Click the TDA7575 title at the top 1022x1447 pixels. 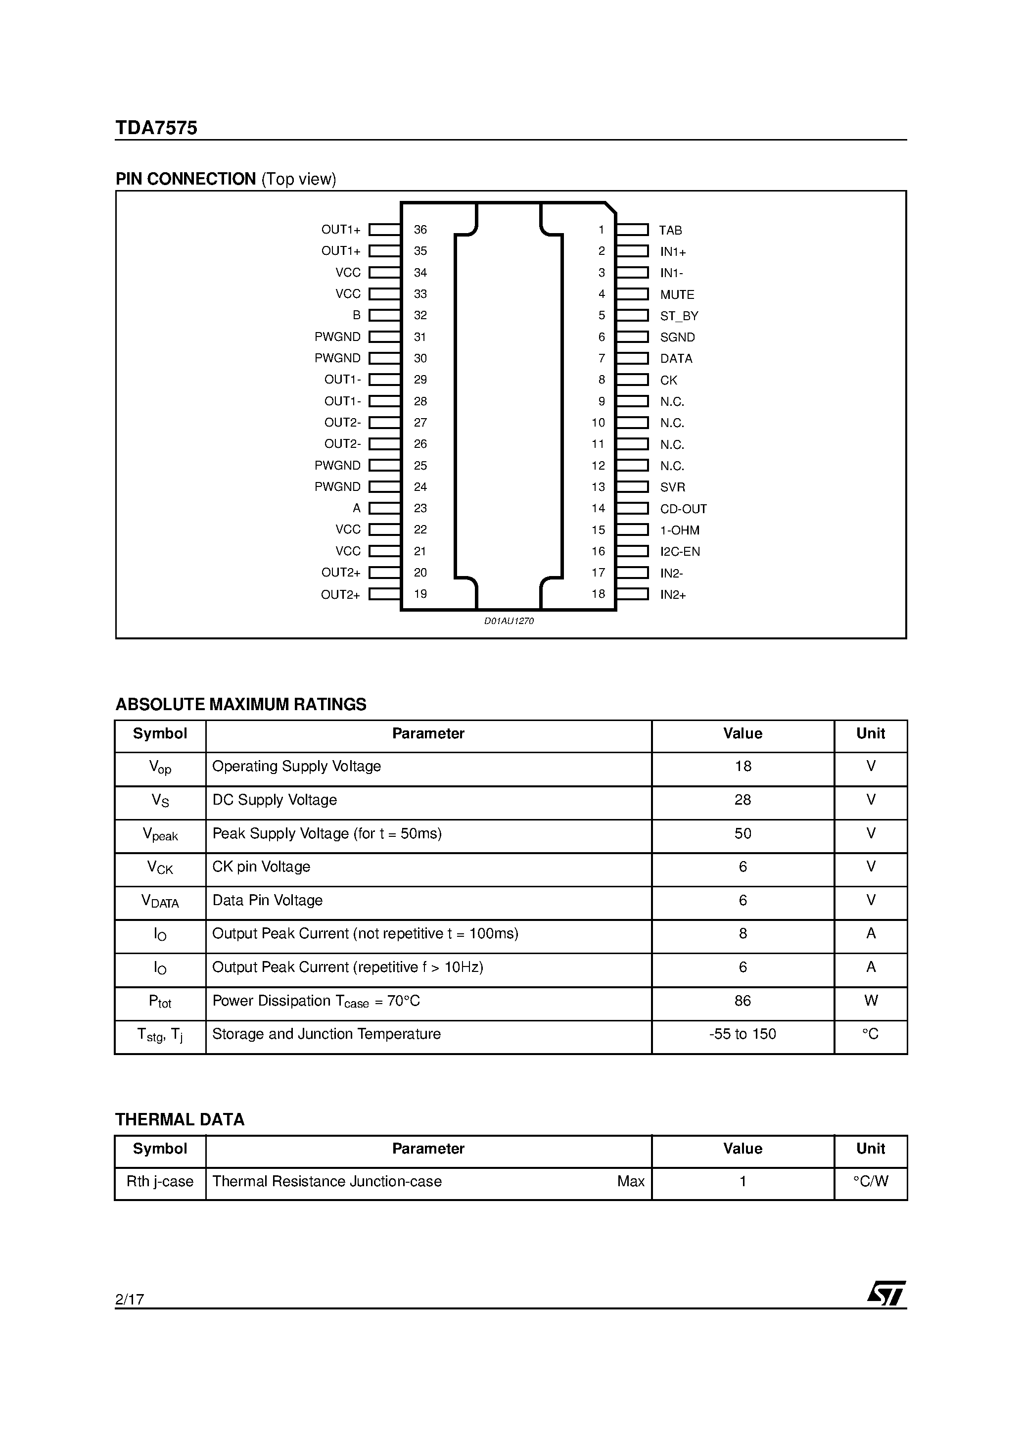tap(156, 128)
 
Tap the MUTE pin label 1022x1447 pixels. tap(677, 294)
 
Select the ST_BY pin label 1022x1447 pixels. tap(679, 316)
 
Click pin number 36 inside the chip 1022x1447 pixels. tap(420, 230)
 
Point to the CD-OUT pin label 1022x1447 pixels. tap(683, 509)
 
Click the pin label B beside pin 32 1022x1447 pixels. tap(357, 315)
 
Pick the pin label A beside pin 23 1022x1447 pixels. tap(357, 508)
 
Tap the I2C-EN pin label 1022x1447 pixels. tap(680, 551)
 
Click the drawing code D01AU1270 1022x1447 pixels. tap(509, 621)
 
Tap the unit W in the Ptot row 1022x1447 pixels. tap(871, 1000)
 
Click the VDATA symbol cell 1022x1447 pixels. tap(160, 901)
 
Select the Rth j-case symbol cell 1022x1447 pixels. tap(160, 1181)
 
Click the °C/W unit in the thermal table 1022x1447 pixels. tap(871, 1181)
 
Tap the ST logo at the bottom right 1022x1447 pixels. tap(886, 1293)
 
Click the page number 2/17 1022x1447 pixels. tap(130, 1299)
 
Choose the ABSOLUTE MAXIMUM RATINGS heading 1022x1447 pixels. tap(241, 704)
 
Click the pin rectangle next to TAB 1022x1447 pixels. tap(632, 230)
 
